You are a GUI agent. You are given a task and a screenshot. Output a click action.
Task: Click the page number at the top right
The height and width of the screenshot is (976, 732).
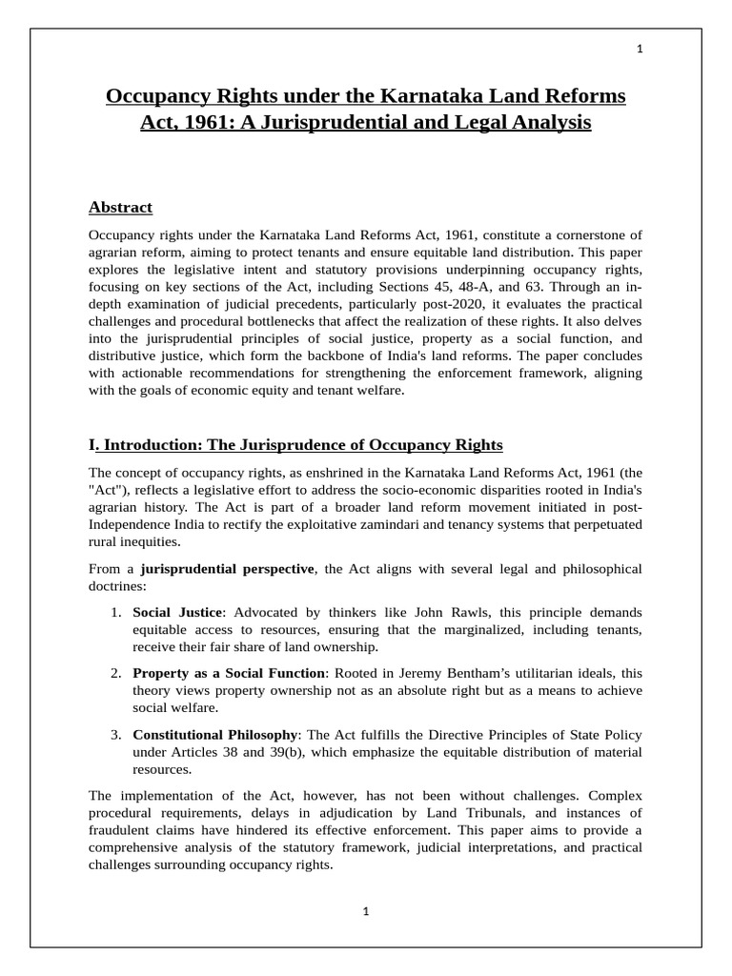[640, 51]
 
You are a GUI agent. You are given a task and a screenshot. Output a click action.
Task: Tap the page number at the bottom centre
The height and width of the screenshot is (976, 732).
[365, 911]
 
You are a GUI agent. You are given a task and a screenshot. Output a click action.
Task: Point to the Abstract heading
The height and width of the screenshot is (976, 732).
[120, 207]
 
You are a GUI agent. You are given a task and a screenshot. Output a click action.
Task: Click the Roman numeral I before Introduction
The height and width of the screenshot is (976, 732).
[91, 445]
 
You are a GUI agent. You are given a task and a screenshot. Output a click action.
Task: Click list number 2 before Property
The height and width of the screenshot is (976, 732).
[114, 673]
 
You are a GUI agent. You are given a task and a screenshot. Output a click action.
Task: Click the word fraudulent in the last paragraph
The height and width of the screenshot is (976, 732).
[119, 829]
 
